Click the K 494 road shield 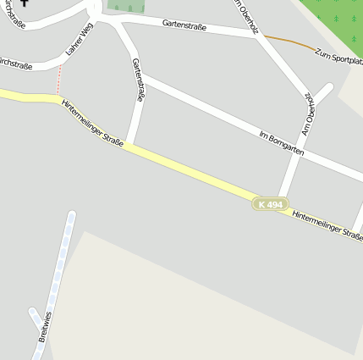click(x=271, y=204)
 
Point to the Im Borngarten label click(x=282, y=142)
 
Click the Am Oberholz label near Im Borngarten click(x=309, y=114)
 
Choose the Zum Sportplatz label click(x=338, y=58)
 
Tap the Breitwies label click(x=45, y=327)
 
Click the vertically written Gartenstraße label click(x=139, y=80)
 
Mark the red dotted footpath click(x=59, y=80)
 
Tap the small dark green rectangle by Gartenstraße click(x=125, y=6)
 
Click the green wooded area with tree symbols click(x=338, y=17)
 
